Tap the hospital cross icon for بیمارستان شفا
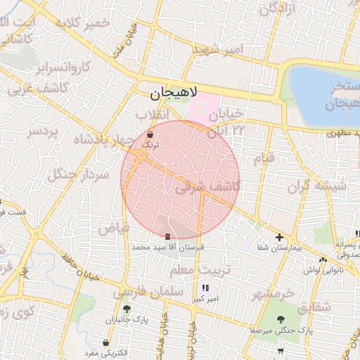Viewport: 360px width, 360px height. click(x=280, y=237)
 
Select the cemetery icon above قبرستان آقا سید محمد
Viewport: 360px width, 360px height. click(x=167, y=237)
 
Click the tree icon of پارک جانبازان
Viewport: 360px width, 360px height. click(x=127, y=309)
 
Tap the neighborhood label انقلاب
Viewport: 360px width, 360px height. click(x=151, y=114)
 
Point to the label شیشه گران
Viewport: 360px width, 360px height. click(x=317, y=187)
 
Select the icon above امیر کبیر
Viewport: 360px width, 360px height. click(x=205, y=288)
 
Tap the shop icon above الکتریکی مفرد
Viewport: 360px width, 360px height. click(x=105, y=342)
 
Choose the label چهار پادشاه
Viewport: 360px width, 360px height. click(x=98, y=140)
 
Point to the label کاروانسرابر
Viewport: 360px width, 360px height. click(x=65, y=67)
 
